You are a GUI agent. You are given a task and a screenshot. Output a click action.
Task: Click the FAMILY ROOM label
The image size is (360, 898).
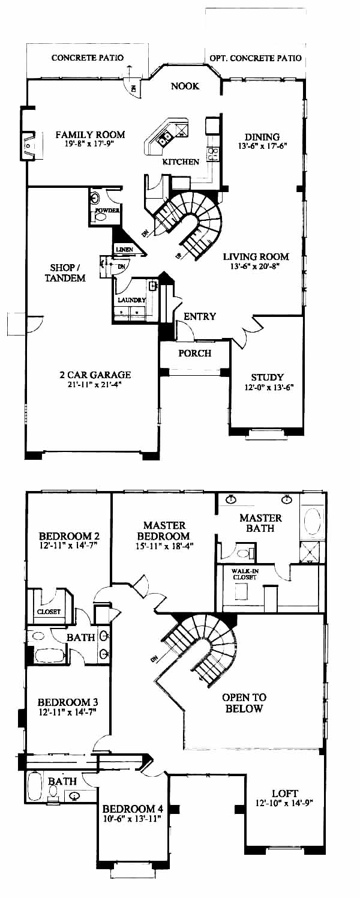tap(90, 134)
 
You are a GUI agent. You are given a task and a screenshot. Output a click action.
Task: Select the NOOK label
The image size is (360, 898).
tap(185, 86)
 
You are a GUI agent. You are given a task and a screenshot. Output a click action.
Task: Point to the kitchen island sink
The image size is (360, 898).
tap(165, 139)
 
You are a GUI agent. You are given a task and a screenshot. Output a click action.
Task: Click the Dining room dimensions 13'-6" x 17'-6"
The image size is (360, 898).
tap(263, 146)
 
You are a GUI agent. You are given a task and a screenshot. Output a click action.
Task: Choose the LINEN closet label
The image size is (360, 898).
tap(124, 249)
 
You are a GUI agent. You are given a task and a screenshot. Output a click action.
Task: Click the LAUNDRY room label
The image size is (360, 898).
tap(131, 300)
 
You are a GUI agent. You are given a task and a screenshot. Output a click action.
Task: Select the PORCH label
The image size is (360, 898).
tap(194, 353)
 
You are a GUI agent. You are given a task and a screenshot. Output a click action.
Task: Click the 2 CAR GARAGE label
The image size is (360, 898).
tap(95, 375)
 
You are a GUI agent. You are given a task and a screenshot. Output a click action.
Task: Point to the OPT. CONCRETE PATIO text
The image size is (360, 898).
tap(256, 58)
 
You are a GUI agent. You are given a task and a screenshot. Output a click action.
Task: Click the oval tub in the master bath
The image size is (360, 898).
tap(313, 521)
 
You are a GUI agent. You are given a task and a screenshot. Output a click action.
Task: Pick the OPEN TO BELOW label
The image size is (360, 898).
tap(244, 703)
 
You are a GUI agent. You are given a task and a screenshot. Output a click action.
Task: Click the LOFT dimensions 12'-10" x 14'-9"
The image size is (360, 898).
tap(283, 803)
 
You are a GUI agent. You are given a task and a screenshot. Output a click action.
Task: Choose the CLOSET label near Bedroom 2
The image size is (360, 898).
tap(49, 612)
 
